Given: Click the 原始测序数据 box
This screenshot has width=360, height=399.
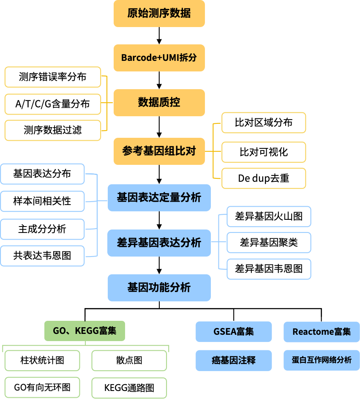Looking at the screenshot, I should (159, 14).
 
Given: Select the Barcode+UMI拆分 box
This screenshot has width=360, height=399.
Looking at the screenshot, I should (159, 58).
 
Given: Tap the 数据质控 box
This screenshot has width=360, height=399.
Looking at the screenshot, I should (159, 103).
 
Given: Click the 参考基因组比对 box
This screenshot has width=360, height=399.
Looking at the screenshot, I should (159, 151).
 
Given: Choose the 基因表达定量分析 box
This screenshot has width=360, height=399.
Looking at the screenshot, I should (159, 198).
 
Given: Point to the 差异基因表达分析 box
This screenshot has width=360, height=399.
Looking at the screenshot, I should (159, 243).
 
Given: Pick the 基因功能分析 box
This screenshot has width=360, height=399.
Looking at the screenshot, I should (159, 288).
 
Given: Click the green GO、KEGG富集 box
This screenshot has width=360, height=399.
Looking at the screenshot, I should (85, 331).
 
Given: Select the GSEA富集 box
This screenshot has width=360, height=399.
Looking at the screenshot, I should (234, 332).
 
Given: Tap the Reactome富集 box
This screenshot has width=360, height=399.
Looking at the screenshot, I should (322, 332).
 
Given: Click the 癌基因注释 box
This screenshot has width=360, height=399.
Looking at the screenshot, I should (234, 361).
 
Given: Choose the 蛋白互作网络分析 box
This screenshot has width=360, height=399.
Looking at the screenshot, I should (322, 361).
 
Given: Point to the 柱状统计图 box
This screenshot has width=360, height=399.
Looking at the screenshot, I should (42, 361).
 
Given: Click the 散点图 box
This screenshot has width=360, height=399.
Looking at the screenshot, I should (129, 361).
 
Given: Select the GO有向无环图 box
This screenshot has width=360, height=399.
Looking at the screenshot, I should (42, 387).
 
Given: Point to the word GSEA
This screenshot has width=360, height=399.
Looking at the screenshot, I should (225, 332).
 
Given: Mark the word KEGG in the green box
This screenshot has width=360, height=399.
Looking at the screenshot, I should (87, 331).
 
